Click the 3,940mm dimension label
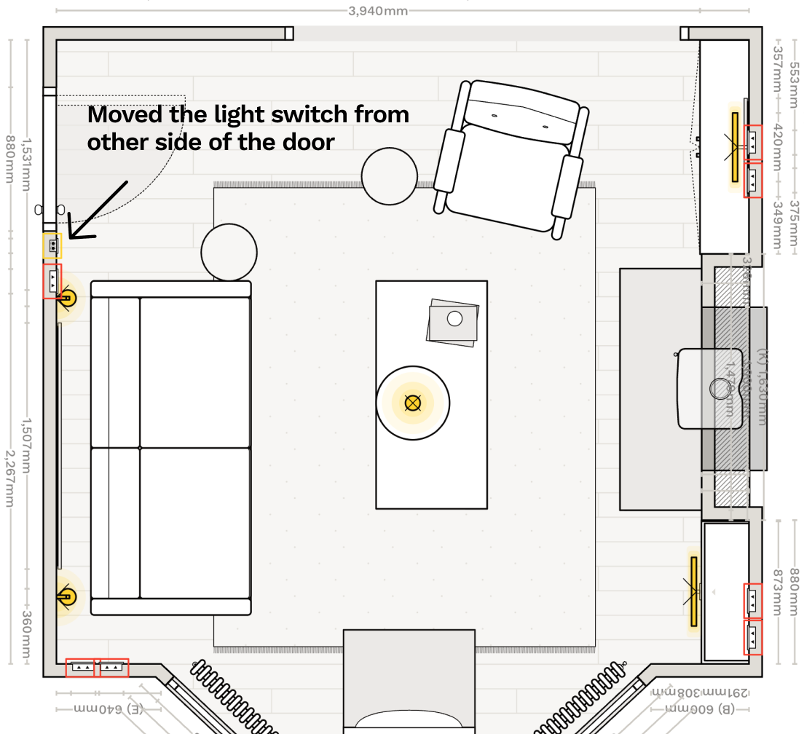point(378,11)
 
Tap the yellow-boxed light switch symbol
point(52,246)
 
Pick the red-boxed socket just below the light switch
point(52,281)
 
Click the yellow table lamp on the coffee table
point(413,403)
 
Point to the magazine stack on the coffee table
point(453,320)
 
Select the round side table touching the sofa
point(229,252)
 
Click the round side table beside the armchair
point(390,176)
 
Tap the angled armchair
point(511,157)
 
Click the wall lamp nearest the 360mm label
point(66,596)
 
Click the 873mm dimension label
point(777,591)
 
